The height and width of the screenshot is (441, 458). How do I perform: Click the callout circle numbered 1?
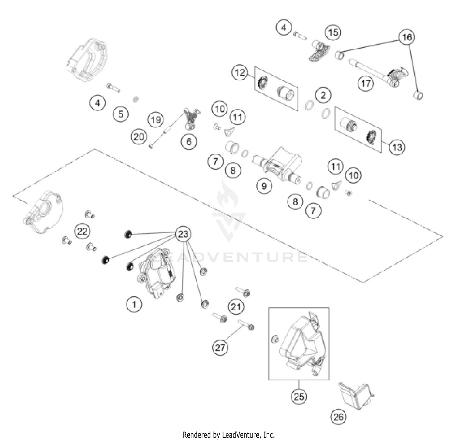coord(134,304)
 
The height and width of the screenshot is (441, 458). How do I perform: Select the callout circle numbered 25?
coord(299,396)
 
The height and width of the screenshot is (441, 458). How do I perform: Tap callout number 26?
coord(338,417)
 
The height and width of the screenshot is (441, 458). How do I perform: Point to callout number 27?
coord(220,347)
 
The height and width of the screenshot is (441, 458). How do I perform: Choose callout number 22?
coord(82,231)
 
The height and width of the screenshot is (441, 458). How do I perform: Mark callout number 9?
coord(264,185)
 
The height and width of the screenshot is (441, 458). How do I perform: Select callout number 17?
coord(366,83)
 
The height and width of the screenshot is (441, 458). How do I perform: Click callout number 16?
coord(407,37)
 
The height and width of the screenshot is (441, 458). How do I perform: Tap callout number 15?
coord(333,32)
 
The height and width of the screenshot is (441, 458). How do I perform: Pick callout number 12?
coord(240,73)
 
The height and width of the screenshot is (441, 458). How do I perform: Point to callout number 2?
coord(323,95)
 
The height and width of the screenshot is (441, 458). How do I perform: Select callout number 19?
coord(156,119)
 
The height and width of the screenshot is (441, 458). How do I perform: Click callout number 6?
coord(189,141)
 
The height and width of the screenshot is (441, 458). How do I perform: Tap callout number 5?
coord(121,114)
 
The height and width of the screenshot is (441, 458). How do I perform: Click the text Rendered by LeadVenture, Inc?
coord(229,434)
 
